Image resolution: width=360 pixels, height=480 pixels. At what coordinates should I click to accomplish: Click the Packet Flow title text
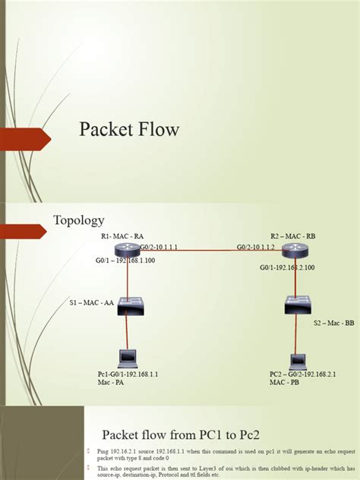click(129, 130)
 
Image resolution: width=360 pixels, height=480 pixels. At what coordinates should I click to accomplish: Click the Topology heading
click(78, 220)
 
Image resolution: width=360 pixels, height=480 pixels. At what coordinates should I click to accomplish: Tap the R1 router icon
click(127, 251)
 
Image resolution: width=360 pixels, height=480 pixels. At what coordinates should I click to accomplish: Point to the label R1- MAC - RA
click(122, 236)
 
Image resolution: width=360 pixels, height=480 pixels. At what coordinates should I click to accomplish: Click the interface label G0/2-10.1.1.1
click(161, 247)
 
